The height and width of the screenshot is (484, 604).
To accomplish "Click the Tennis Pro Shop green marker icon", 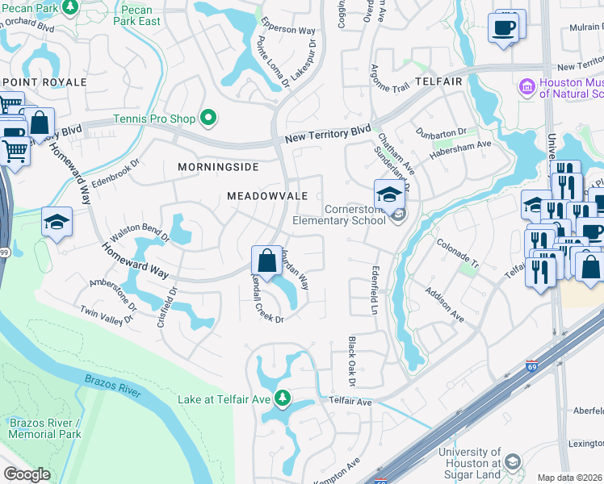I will (x=209, y=119).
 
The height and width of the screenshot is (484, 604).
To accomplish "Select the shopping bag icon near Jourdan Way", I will (x=266, y=261).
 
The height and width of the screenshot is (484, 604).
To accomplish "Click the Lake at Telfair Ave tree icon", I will (x=283, y=397).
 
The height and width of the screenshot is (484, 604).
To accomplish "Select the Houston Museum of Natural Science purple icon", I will (x=526, y=86).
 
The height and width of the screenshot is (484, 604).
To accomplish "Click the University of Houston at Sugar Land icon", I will (x=511, y=461).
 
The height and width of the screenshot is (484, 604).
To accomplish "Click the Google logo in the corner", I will (x=27, y=474).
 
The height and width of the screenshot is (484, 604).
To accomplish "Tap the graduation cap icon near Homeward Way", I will (x=57, y=223).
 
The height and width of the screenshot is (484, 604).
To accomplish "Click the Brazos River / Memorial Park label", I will (x=44, y=428).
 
